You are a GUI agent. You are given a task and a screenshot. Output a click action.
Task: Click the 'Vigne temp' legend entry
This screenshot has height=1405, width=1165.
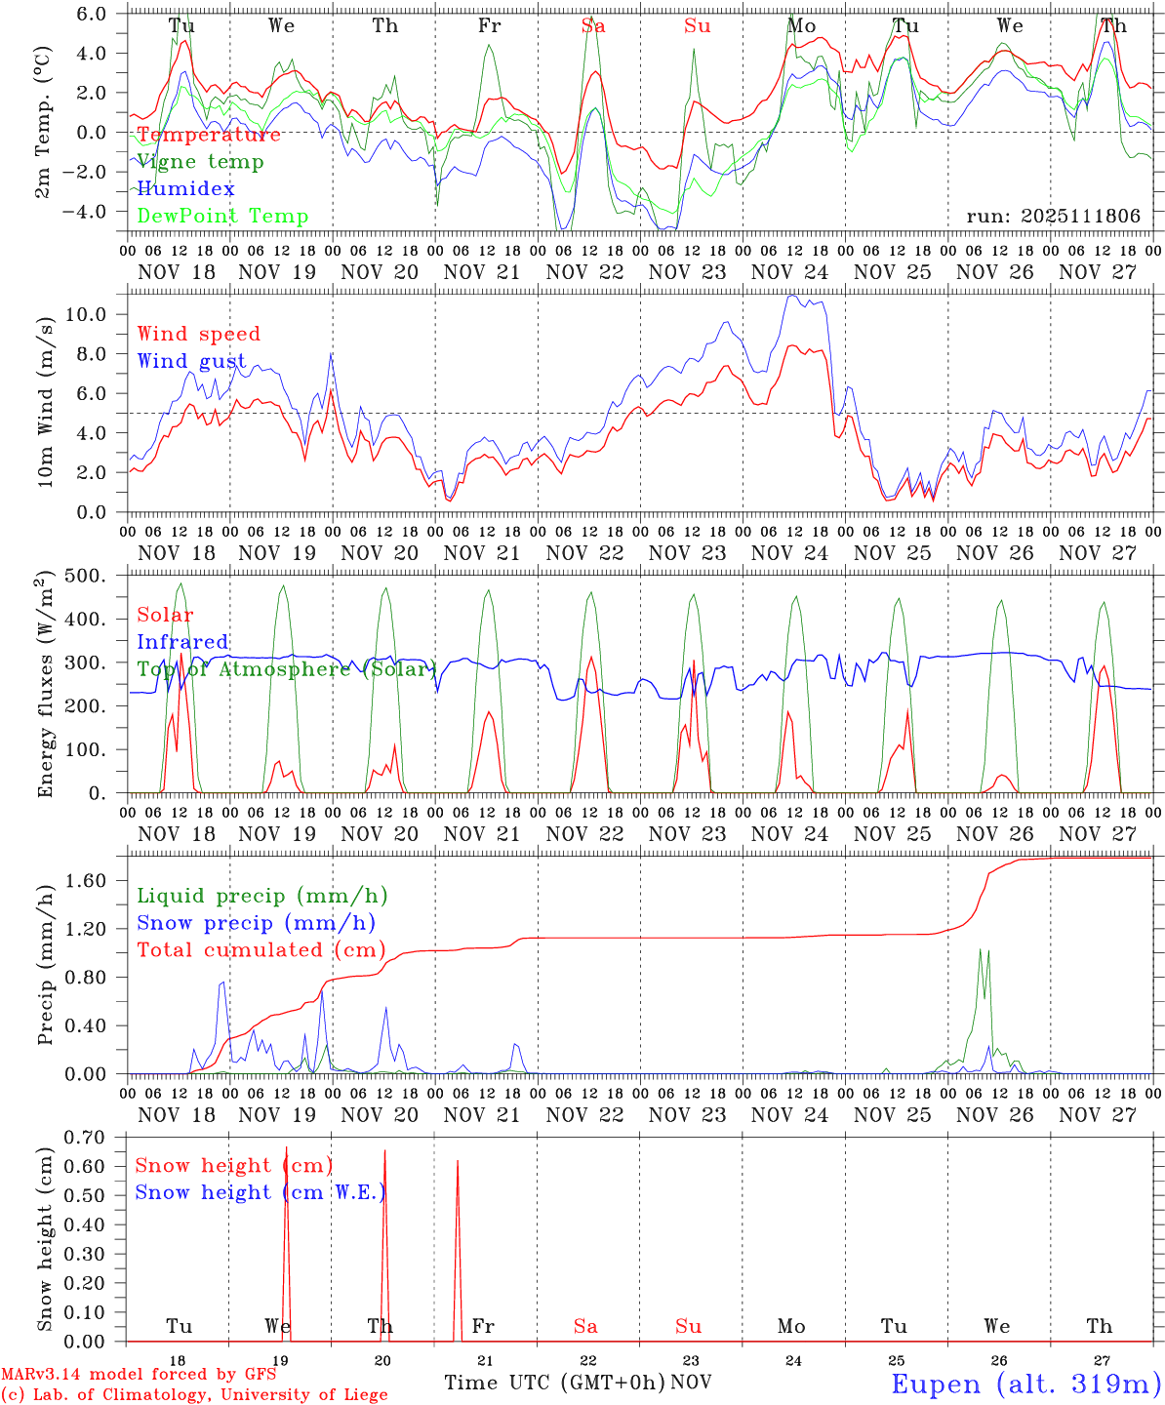[200, 162]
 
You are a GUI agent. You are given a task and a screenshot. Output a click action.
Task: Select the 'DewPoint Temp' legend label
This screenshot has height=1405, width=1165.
[222, 217]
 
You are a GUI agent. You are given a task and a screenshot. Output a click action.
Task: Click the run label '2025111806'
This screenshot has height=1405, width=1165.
[1053, 217]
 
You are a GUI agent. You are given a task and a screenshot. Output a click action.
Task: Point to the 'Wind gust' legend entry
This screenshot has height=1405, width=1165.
[191, 361]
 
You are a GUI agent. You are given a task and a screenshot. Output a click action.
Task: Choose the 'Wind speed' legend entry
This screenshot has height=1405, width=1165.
[199, 334]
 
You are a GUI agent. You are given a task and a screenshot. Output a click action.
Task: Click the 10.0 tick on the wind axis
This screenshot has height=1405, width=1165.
[94, 314]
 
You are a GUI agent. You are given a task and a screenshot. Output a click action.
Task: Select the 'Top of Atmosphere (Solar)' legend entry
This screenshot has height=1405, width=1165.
[286, 669]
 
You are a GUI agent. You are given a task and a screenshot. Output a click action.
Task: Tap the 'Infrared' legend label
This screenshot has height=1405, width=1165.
[182, 642]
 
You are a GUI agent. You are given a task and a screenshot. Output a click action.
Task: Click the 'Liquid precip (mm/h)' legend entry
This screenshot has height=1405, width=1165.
[261, 896]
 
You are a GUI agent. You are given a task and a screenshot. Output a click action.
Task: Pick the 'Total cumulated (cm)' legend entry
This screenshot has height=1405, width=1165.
[261, 950]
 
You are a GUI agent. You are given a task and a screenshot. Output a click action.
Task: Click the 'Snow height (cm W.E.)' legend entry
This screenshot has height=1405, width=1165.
[260, 1192]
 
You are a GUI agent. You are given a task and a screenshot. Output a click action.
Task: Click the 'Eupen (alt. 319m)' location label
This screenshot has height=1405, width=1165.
[1025, 1384]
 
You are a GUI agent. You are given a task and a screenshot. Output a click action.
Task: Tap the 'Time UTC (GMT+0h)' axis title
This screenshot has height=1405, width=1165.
[555, 1383]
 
